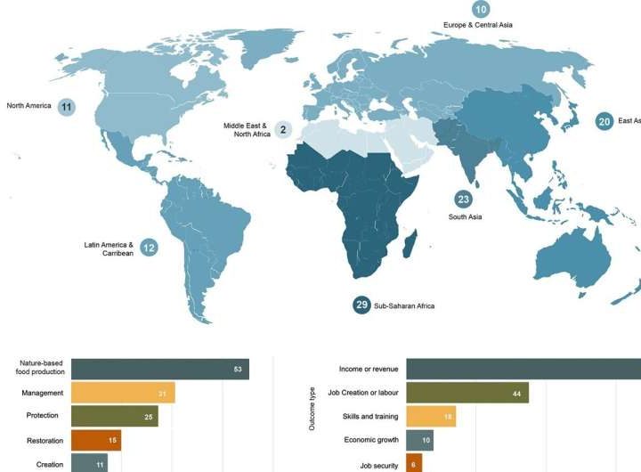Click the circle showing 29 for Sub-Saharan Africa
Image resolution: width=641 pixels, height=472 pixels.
point(361,305)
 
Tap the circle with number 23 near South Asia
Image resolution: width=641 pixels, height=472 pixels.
point(463,199)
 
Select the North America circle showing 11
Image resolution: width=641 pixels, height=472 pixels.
point(67,106)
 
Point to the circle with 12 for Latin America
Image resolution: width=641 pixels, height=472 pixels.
point(149,247)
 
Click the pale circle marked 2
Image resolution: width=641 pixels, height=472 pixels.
point(283,130)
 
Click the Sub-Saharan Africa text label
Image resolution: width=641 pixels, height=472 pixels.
point(405,305)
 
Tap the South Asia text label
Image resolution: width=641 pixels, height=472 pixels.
point(465,217)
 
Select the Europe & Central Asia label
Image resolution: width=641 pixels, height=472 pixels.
point(477,25)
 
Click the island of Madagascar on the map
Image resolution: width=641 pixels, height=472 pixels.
point(409,243)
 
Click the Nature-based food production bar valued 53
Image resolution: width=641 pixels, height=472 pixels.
point(160,369)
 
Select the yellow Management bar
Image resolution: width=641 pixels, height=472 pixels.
point(123,393)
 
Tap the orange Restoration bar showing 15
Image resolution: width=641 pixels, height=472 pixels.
point(96,440)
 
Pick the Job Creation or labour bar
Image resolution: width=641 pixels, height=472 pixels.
point(467,393)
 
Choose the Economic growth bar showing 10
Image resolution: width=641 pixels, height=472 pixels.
point(419,440)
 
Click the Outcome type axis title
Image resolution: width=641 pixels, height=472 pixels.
point(311,409)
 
